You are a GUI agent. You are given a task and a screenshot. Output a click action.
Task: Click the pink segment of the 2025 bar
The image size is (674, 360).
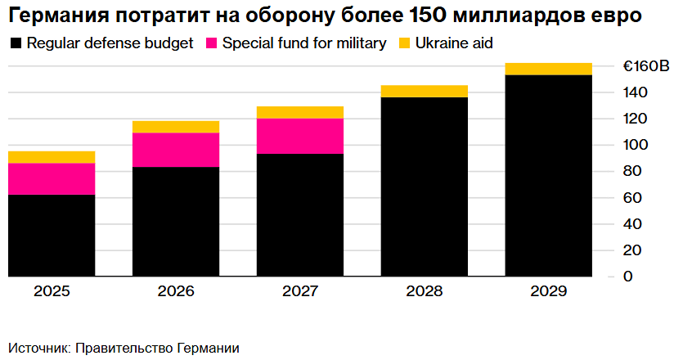(x=52, y=178)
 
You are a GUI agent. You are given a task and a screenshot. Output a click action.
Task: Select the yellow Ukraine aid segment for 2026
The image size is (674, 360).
(x=176, y=126)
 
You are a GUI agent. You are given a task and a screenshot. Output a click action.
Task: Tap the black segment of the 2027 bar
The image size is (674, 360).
(x=300, y=215)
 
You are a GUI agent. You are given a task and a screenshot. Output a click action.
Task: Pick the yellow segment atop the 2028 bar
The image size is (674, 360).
(x=425, y=91)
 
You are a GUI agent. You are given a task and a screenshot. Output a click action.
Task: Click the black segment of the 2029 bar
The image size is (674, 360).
(x=549, y=176)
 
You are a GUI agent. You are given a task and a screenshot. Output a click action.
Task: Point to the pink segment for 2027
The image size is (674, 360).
(x=300, y=136)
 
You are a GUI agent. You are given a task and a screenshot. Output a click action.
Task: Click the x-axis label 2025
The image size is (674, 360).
(x=52, y=291)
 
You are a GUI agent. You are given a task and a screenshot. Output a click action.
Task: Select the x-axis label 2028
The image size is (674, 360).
(x=425, y=291)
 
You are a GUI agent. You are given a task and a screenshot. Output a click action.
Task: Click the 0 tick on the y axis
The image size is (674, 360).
(x=627, y=277)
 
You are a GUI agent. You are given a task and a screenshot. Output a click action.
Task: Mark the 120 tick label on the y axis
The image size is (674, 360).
(x=635, y=119)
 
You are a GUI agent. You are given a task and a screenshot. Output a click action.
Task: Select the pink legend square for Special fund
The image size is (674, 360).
(x=210, y=43)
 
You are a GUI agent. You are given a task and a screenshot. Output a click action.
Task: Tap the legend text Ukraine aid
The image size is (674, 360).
(x=455, y=43)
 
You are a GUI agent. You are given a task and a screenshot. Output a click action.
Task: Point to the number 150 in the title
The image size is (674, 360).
(x=431, y=16)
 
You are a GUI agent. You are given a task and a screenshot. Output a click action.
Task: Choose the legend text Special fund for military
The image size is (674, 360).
(x=304, y=43)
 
